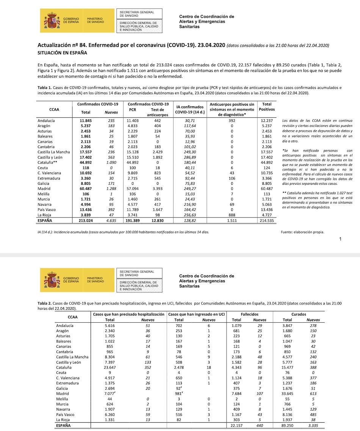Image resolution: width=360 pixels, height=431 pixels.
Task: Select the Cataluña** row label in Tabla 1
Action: [x=48, y=162]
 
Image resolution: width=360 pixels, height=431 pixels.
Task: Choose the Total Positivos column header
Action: [x=267, y=106]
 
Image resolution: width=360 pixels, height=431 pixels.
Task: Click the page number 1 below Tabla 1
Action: [x=340, y=239]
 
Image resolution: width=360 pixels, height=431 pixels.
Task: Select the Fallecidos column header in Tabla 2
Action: [x=249, y=314]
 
